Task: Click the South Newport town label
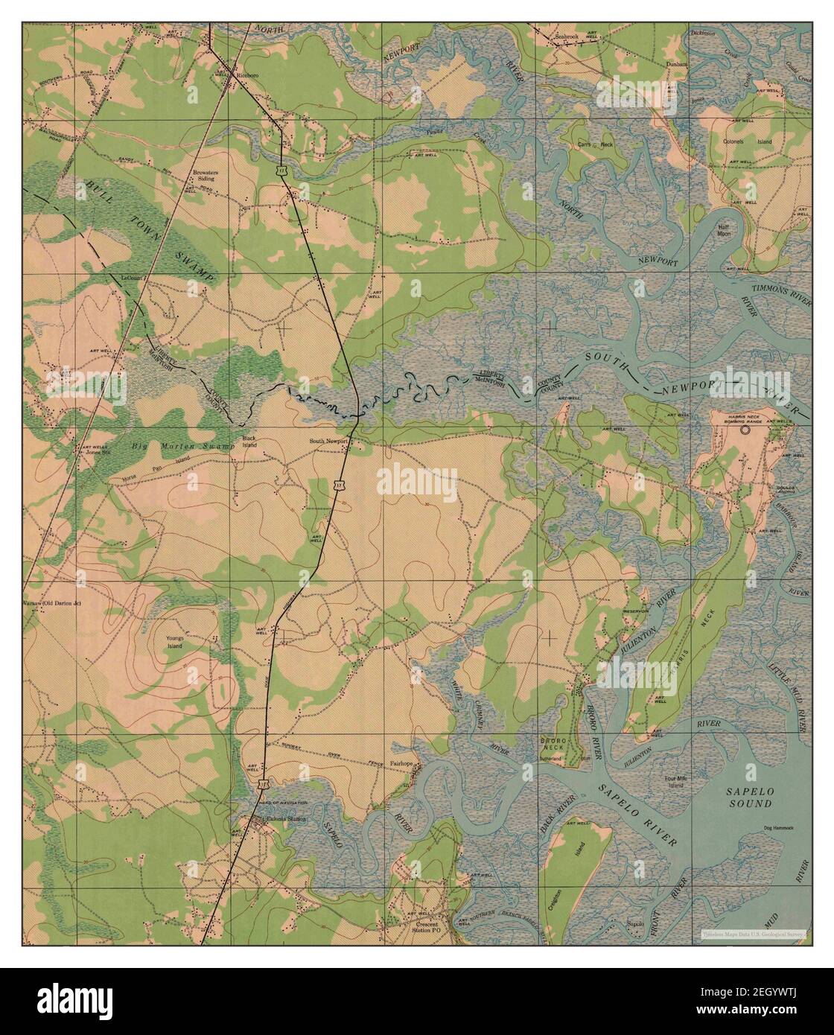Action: coord(330,441)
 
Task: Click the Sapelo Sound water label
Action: coord(750,798)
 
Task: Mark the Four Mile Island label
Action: coord(674,782)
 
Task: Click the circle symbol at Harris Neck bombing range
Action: coord(745,430)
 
